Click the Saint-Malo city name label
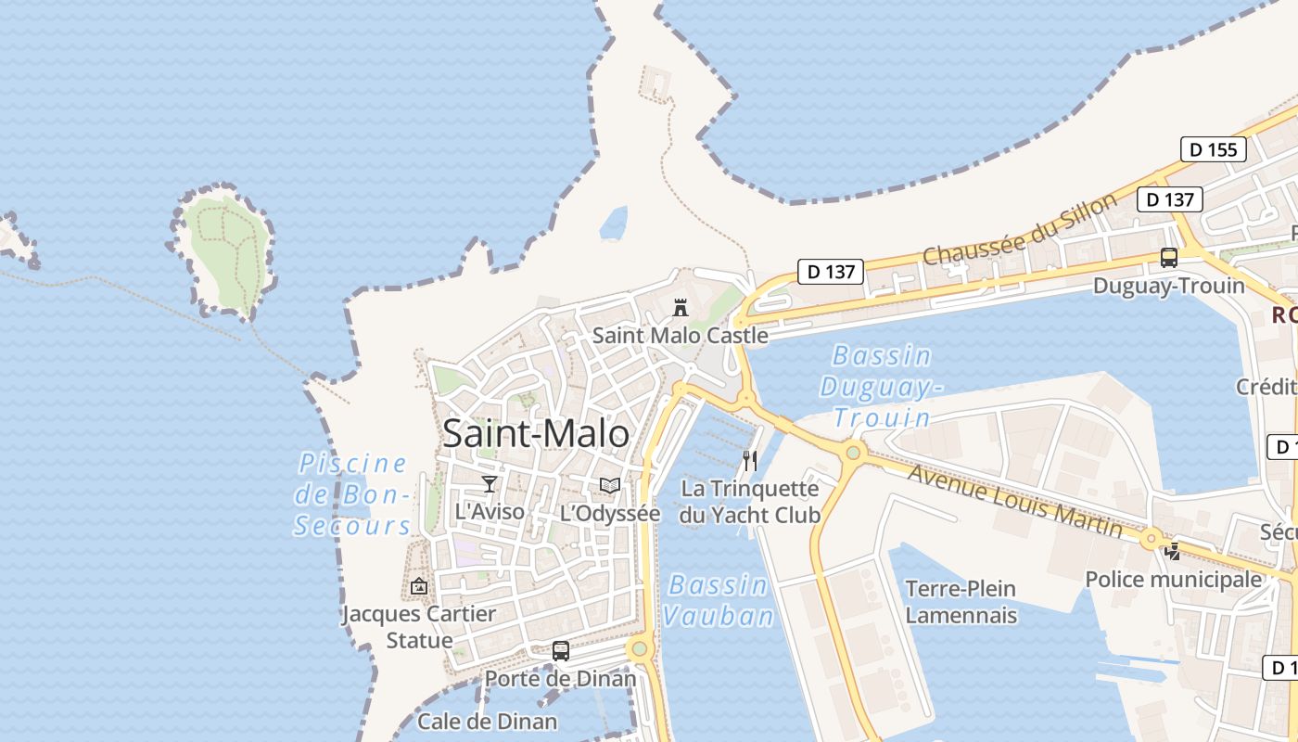coord(536,433)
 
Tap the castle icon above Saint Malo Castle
coord(681,308)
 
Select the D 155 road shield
coord(1213,149)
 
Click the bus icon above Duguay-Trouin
coord(1169,258)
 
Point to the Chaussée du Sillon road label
coord(1020,230)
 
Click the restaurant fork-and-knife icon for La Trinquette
coord(750,460)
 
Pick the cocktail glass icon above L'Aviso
coord(490,483)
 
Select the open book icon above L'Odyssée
coord(609,485)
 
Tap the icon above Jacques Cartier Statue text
coord(419,586)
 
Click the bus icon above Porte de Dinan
coord(561,651)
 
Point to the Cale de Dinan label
coord(488,721)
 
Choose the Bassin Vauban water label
coord(719,600)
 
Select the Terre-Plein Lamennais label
coord(961,602)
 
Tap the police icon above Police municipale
coord(1173,552)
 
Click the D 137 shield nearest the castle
coord(831,272)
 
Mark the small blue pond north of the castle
coord(614,223)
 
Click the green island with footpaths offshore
coord(225,250)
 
